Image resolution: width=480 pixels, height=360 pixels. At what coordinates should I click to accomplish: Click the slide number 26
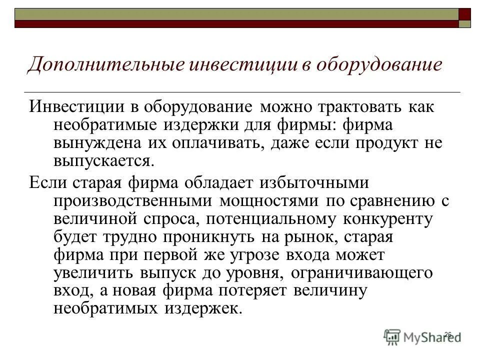click(447, 334)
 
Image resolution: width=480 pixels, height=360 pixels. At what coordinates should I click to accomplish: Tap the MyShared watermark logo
click(423, 336)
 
